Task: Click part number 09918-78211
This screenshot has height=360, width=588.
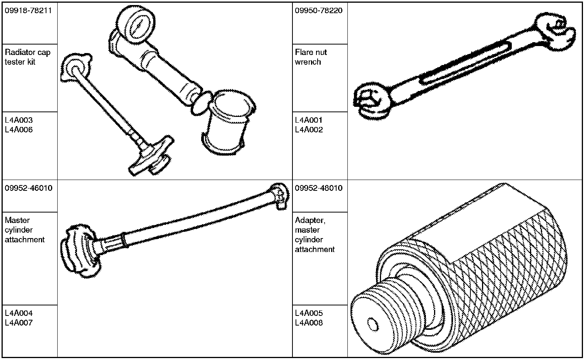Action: pos(28,10)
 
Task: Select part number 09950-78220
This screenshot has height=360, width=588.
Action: pos(318,10)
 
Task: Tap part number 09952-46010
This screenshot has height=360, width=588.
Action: pos(28,188)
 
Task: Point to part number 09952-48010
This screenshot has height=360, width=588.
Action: pos(318,188)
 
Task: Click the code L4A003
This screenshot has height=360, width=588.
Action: pos(19,120)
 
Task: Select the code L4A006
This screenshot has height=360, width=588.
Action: pos(19,130)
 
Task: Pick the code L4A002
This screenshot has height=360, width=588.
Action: pos(308,130)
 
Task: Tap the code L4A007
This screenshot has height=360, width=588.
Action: pos(19,323)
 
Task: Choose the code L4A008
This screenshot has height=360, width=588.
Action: pos(308,323)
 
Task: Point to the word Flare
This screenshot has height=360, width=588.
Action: pos(303,52)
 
